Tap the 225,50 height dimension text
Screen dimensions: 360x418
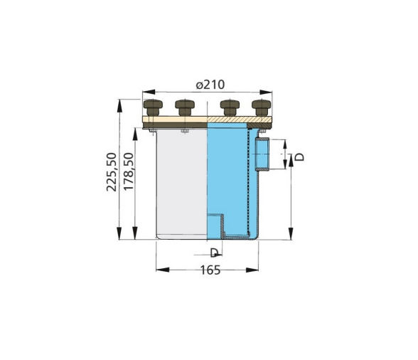pos(111,171)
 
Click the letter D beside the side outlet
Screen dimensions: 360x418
pos(299,156)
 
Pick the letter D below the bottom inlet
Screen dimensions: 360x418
pos(214,252)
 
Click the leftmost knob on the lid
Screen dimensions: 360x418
pos(152,109)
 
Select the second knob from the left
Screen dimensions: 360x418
pos(184,109)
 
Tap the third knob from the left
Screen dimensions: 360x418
pos(229,109)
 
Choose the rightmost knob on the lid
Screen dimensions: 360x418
pos(261,109)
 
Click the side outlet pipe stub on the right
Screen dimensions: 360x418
pos(262,155)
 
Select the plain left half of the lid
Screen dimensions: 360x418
pos(175,122)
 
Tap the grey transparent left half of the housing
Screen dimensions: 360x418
pos(181,185)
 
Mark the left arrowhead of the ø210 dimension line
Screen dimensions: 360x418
pos(146,92)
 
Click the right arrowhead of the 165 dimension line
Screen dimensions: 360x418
pos(255,269)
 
